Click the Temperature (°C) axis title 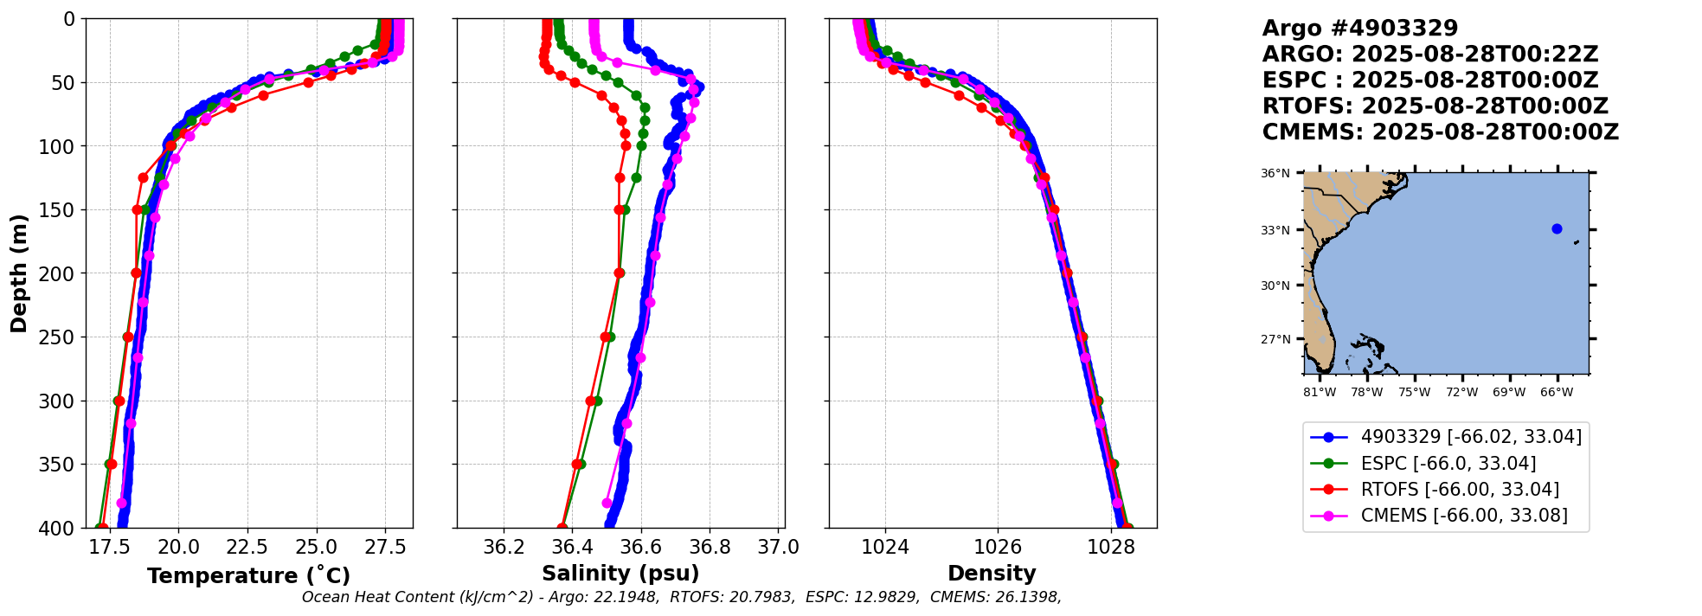248,576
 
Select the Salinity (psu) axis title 620,574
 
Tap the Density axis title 992,574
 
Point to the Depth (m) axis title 19,273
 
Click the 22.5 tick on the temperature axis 248,548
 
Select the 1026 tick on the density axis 998,548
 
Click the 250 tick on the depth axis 60,337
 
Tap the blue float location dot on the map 1557,229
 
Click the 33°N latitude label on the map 1275,230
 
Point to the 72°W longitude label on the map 1461,392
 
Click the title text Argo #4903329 1359,29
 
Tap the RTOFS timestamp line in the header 1435,106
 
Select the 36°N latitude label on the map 1275,174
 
